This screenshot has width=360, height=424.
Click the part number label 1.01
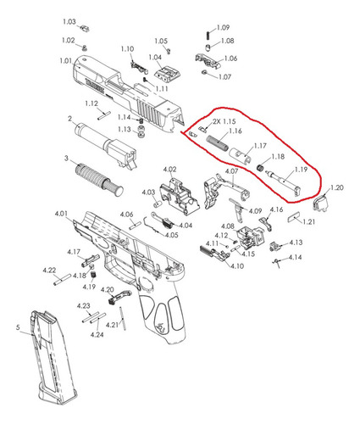pos(65,61)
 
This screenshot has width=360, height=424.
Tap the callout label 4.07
pos(231,171)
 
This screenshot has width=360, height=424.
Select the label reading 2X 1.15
pos(224,121)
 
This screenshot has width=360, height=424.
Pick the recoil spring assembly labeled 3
pos(99,179)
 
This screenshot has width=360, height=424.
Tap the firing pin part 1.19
pos(284,182)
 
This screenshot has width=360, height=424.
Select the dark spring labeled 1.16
pos(218,143)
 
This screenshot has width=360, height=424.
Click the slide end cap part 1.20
pos(321,203)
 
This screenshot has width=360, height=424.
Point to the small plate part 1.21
pos(295,218)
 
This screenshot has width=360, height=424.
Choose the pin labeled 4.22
pos(63,279)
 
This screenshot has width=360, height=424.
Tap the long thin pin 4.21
pos(123,318)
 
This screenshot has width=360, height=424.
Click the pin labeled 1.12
pos(103,116)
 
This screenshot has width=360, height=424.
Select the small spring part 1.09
pos(208,36)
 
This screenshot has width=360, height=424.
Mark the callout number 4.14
pos(295,258)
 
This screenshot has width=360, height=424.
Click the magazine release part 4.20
pos(119,296)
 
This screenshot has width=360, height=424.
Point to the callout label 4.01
pos(61,214)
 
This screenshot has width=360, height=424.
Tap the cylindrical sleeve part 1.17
pos(240,155)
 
